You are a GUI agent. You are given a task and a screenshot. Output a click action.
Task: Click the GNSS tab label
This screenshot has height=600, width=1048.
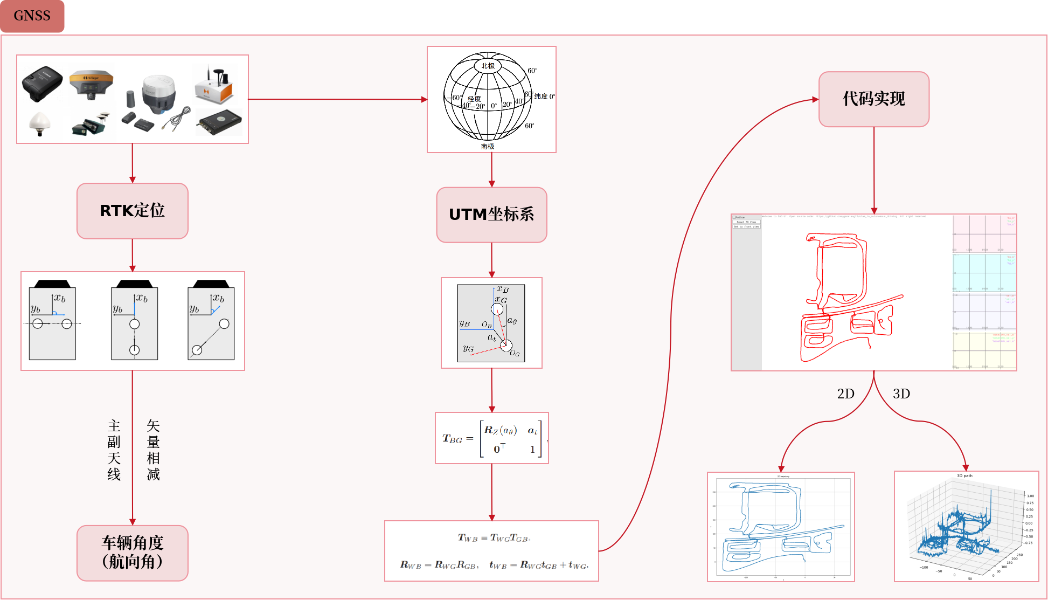(x=32, y=16)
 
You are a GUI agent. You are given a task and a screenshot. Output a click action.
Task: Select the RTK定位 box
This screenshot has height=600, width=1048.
(x=133, y=211)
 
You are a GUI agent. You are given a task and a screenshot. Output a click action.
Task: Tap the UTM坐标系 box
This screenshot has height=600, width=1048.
(x=491, y=215)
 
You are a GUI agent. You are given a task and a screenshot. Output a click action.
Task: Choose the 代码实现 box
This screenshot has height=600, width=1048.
(x=873, y=99)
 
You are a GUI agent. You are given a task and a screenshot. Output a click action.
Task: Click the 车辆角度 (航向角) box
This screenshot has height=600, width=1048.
(x=133, y=553)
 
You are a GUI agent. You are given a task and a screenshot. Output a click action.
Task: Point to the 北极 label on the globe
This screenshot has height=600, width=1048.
(x=488, y=66)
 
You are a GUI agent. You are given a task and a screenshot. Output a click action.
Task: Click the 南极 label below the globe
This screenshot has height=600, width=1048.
(x=488, y=147)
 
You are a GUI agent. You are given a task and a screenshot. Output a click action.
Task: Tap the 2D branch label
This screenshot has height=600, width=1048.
(x=845, y=394)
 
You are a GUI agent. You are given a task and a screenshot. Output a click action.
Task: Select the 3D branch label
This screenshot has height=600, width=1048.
(x=901, y=394)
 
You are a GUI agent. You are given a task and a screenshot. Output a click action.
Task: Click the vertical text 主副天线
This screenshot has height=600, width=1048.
(x=114, y=450)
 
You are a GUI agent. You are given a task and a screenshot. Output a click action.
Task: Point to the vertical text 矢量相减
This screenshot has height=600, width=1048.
(x=153, y=450)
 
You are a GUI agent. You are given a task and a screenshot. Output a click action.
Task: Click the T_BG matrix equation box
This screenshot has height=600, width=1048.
(x=491, y=438)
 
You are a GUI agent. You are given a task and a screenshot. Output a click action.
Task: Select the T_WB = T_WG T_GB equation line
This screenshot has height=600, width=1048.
(x=494, y=538)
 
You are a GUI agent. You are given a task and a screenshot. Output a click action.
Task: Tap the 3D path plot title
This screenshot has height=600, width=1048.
(x=964, y=475)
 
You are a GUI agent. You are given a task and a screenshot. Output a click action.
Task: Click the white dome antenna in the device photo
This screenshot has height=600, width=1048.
(x=40, y=122)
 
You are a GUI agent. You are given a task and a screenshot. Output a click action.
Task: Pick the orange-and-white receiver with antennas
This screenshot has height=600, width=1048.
(x=214, y=86)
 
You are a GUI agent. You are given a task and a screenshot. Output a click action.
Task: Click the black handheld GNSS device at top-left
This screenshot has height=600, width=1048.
(x=42, y=83)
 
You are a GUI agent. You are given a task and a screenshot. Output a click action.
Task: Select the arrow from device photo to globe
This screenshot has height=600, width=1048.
(x=337, y=99)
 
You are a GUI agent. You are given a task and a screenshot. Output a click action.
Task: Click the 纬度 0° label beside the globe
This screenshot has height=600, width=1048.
(x=544, y=96)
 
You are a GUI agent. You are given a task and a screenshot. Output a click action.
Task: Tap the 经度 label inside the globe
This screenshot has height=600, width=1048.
(x=474, y=99)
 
